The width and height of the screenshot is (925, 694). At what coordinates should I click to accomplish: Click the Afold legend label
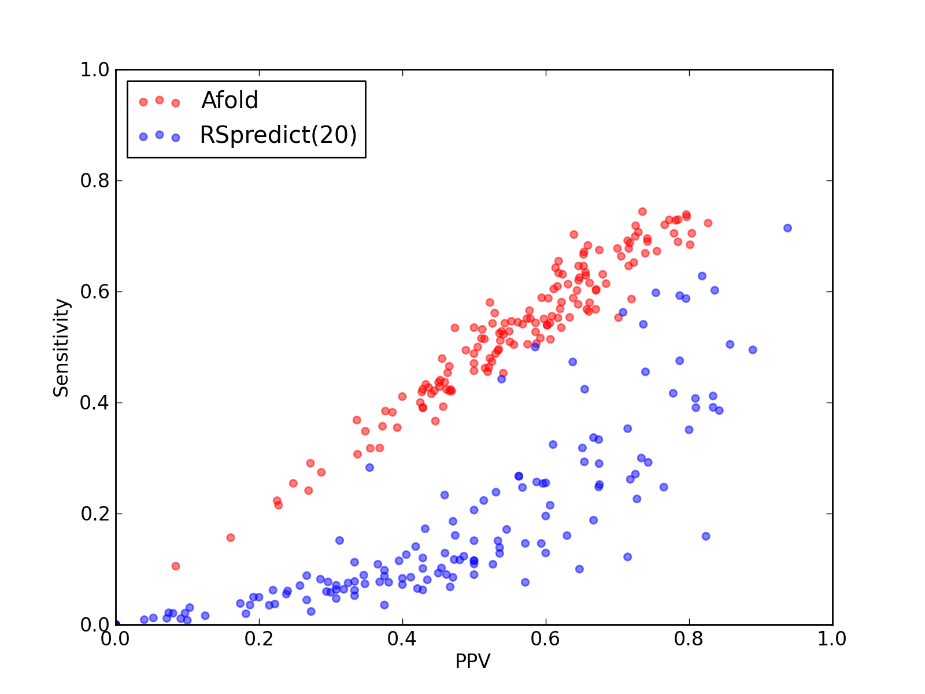click(x=230, y=100)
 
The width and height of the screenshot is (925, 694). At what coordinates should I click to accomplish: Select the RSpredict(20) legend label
click(x=278, y=135)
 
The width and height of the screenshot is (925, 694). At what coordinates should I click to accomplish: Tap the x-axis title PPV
click(x=473, y=661)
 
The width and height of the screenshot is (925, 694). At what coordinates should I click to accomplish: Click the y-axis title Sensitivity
click(x=61, y=348)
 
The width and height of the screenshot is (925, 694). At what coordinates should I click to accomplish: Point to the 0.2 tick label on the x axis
click(x=259, y=639)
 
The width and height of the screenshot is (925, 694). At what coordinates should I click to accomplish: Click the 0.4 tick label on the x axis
click(x=402, y=639)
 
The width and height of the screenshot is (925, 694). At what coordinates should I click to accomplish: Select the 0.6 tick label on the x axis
click(x=545, y=639)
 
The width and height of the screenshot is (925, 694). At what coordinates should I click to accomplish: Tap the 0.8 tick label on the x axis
click(x=689, y=639)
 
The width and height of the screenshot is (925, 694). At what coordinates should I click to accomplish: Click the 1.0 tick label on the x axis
click(x=832, y=639)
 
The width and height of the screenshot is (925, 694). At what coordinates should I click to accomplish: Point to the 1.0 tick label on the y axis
click(x=95, y=69)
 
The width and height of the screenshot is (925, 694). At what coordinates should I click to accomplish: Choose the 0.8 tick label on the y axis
click(x=95, y=181)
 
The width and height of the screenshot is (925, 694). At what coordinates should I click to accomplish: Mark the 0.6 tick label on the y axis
click(x=95, y=291)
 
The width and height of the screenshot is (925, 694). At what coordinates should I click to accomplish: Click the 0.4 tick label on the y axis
click(x=95, y=403)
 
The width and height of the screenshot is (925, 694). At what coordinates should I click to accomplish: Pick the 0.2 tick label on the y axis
click(x=95, y=514)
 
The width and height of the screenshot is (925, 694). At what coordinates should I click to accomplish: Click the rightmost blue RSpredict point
click(x=787, y=228)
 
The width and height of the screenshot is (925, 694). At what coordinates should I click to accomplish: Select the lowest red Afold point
click(x=176, y=566)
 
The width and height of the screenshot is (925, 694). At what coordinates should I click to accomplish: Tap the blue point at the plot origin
click(x=116, y=624)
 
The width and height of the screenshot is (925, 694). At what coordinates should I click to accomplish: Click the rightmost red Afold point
click(x=708, y=223)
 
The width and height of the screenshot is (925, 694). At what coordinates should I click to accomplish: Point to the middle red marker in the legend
click(x=160, y=100)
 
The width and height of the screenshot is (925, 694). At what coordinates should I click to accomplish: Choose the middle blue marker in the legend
click(x=160, y=135)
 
